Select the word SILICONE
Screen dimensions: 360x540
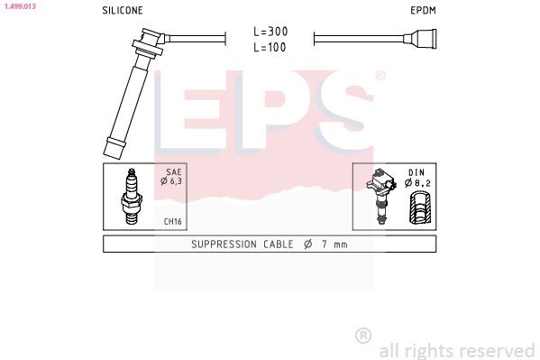(x=123, y=11)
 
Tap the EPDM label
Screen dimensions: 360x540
(x=422, y=11)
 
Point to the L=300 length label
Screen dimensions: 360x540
(x=270, y=31)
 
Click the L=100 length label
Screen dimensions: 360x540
(x=270, y=46)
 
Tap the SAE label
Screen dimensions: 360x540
(x=174, y=171)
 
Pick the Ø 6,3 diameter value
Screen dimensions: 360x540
(x=171, y=181)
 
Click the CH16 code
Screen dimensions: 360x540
(x=173, y=221)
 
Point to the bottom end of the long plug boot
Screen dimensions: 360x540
(x=114, y=146)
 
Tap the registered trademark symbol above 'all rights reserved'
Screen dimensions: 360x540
(x=363, y=335)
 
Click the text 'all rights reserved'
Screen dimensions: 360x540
(x=456, y=350)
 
